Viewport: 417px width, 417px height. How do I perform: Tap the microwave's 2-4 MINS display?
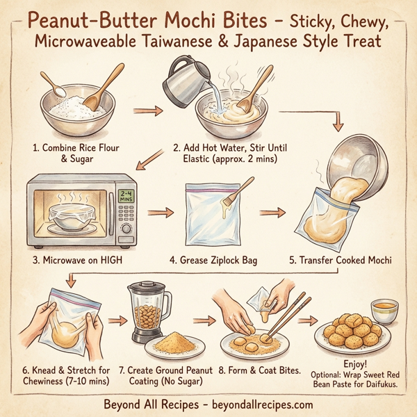pos(126,197)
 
